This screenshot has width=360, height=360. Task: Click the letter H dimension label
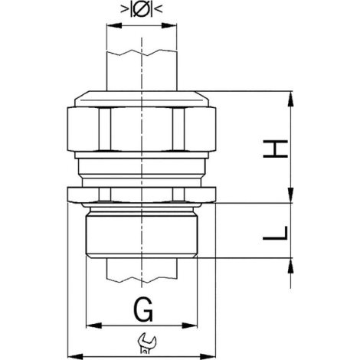pos(275,149)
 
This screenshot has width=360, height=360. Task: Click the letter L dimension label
pos(275,233)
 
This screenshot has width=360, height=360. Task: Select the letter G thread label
pos(143,309)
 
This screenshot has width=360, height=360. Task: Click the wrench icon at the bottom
pos(146,343)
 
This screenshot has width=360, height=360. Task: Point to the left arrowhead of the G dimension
pos(94,326)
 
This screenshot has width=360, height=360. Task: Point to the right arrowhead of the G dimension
pos(189,326)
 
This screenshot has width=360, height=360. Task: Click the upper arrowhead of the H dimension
pos(290,99)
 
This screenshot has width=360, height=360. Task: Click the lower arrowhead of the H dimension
pos(290,195)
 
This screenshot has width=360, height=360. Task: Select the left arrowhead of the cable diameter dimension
pos(114,25)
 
